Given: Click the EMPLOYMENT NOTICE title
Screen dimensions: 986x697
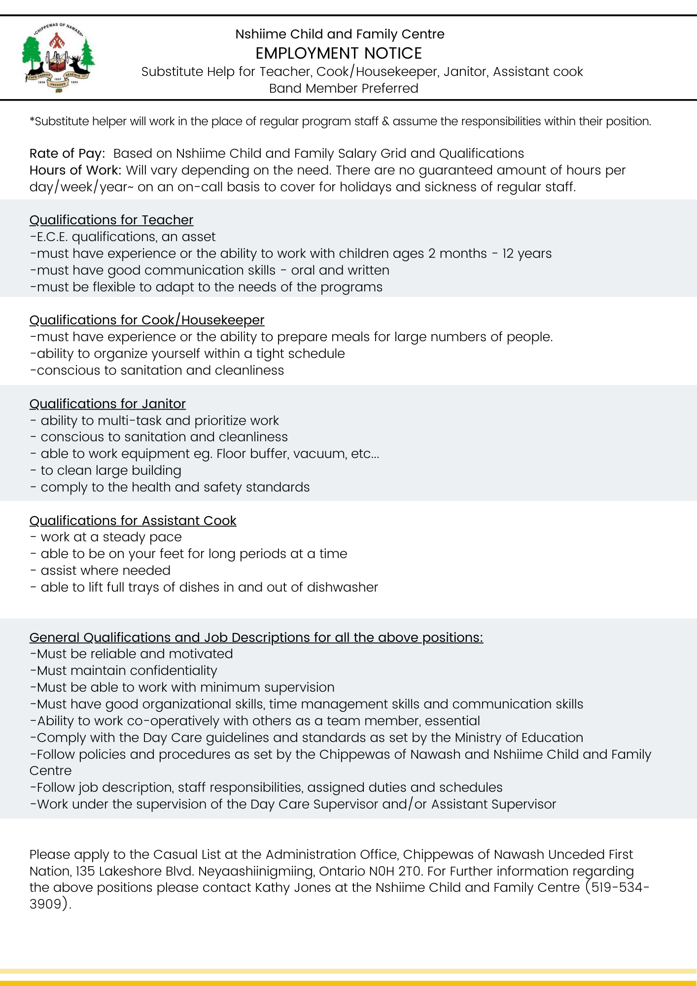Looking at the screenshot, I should pos(339,53).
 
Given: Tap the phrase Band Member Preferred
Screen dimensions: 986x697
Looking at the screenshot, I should pos(344,88).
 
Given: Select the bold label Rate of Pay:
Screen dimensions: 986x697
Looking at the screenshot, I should pos(67,153).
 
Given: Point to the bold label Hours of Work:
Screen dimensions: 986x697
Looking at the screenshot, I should pos(75,170).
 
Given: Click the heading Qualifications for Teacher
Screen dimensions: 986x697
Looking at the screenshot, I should pos(111,220).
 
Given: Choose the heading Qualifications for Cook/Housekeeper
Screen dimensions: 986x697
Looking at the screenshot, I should pos(147,320).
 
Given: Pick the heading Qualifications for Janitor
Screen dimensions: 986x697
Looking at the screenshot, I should pos(107,404).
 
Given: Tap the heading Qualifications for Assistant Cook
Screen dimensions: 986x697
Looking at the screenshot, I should pos(133,521).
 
